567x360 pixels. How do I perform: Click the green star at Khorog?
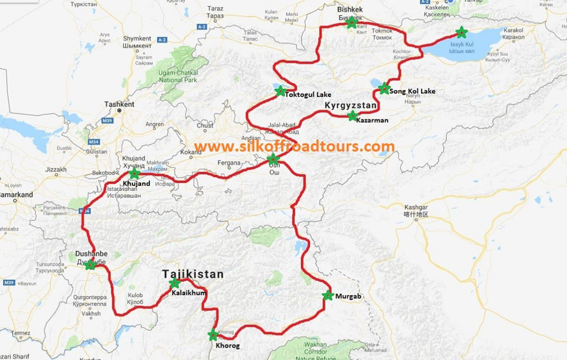(213, 335)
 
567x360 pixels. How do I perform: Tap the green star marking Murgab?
(328, 296)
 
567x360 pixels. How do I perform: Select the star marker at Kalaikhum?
(174, 284)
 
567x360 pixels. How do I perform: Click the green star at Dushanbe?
(90, 265)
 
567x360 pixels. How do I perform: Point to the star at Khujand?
(134, 173)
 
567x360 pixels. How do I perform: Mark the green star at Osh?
(272, 160)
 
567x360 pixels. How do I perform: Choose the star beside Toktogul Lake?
(280, 91)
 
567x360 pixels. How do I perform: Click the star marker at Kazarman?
(352, 116)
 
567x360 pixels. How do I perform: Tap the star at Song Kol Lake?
(384, 88)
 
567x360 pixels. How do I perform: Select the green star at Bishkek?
(350, 23)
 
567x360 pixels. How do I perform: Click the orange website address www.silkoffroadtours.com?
(295, 146)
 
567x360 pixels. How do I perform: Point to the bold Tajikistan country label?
(193, 274)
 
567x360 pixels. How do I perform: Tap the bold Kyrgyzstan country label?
(350, 105)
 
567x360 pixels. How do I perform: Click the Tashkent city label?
(119, 104)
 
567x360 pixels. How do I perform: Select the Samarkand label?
(16, 194)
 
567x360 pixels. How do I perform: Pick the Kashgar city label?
(416, 207)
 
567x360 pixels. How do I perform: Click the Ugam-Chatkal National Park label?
(178, 76)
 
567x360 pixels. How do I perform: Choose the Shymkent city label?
(137, 39)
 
